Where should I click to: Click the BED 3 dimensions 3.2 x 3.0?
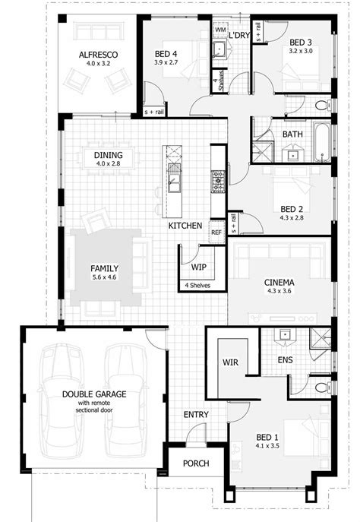[301, 51]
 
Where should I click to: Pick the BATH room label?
[292, 134]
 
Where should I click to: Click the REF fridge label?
[216, 233]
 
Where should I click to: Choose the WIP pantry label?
[199, 267]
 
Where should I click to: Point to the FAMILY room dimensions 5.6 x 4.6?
[104, 278]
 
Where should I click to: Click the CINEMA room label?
[279, 282]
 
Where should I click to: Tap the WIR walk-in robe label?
[231, 362]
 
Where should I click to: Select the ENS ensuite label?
[286, 359]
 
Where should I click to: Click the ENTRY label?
[196, 414]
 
